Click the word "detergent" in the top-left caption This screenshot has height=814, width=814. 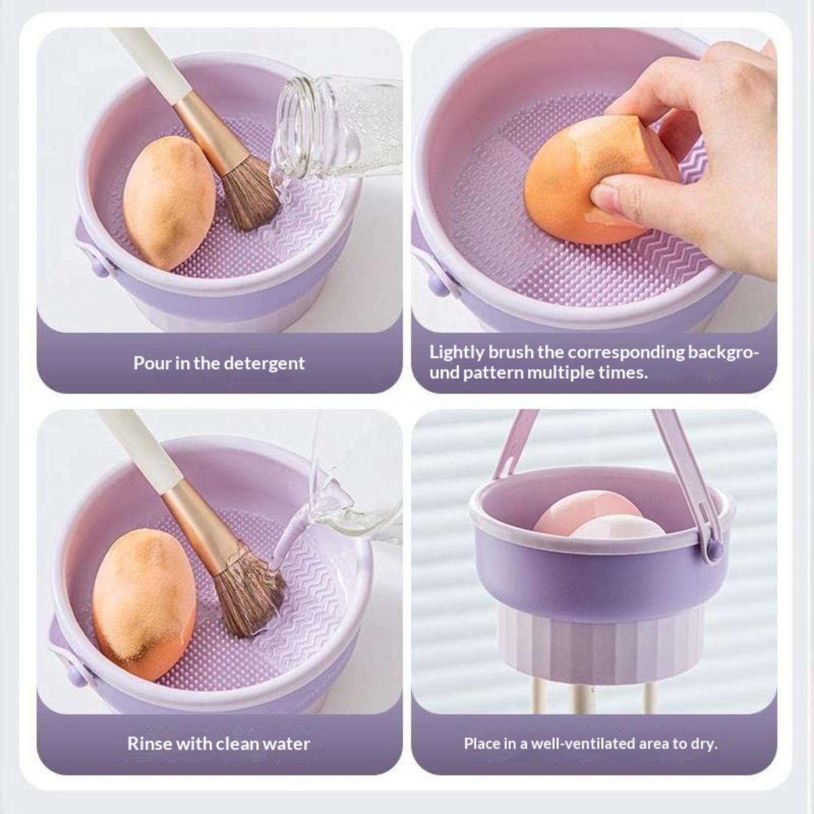pos(264,363)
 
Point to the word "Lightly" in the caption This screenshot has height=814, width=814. pos(456,353)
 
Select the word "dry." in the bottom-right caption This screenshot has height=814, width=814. pos(703,744)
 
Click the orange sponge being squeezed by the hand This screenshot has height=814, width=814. pos(600,179)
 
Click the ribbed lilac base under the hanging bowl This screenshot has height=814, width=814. pos(600,641)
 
